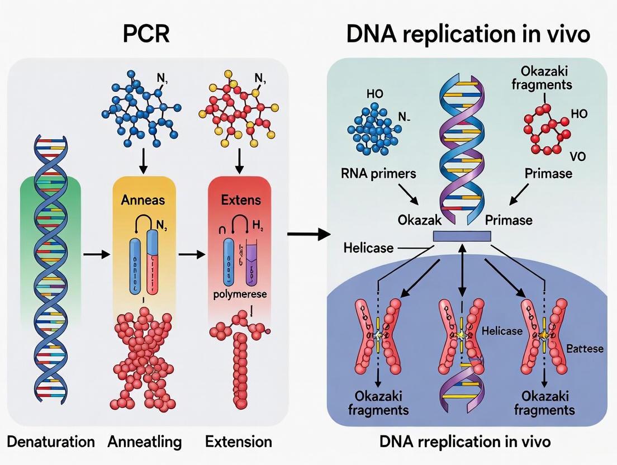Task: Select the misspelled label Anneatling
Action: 145,442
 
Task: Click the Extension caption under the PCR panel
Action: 239,442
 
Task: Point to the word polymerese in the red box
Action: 239,294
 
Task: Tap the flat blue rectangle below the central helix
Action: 462,236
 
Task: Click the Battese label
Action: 585,349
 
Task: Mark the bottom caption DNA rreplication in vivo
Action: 465,442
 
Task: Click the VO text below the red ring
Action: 578,156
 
